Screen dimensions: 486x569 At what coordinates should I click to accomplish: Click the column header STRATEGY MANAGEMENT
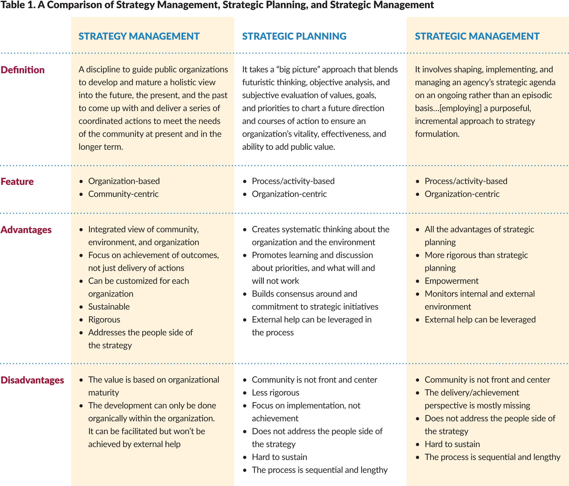click(139, 36)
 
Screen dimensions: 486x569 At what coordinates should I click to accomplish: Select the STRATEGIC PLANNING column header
click(294, 36)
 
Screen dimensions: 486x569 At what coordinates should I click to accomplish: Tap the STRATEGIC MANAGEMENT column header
click(477, 36)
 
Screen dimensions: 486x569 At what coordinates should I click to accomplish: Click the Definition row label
click(23, 70)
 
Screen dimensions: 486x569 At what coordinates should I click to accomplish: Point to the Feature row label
click(17, 181)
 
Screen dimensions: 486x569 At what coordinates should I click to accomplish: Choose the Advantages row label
click(26, 230)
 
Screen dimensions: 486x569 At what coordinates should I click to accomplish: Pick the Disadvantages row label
click(32, 380)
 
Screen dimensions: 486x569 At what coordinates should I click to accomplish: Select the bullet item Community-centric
click(123, 194)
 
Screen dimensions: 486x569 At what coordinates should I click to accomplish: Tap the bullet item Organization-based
click(124, 181)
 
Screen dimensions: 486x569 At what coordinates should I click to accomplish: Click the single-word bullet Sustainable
click(109, 306)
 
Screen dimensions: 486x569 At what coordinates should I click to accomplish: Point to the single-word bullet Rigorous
click(104, 320)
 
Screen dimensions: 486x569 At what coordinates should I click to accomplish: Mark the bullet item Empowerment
click(451, 281)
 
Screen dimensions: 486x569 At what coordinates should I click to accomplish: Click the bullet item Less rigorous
click(275, 392)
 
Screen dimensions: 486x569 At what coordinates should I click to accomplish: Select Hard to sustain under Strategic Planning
click(279, 457)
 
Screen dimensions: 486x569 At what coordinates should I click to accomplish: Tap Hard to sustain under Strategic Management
click(452, 444)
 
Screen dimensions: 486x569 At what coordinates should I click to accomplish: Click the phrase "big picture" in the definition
click(295, 69)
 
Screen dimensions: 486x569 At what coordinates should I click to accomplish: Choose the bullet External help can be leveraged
click(480, 320)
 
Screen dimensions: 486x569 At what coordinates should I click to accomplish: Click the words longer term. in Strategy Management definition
click(101, 147)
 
